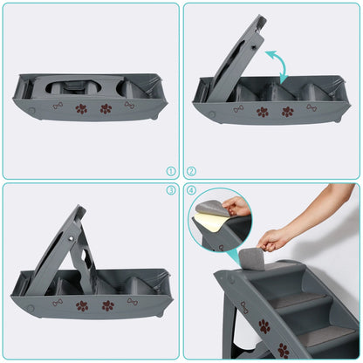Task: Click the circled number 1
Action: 171,171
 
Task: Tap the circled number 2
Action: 191,171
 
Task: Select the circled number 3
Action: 171,190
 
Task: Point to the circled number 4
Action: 191,190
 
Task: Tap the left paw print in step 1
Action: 81,108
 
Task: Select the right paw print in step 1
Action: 106,108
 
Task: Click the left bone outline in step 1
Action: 58,106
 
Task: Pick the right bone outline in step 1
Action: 129,105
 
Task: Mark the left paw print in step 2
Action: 263,112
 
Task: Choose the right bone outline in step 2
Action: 312,107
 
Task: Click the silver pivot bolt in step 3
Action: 71,238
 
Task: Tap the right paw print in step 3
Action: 108,305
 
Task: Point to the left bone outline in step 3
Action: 58,303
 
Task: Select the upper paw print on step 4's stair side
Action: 264,326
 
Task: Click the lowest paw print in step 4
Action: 284,350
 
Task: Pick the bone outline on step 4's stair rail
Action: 244,307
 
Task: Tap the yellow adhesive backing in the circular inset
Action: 207,223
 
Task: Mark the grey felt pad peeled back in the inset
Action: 211,209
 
